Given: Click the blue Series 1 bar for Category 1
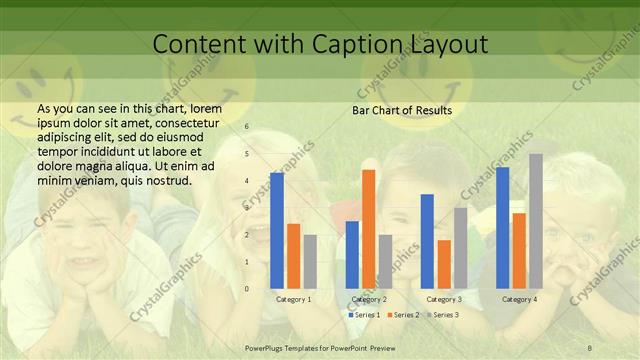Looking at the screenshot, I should click(277, 231).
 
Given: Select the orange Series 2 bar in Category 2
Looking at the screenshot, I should click(368, 229).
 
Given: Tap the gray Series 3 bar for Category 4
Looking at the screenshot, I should click(535, 221).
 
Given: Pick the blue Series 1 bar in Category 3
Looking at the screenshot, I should click(427, 241).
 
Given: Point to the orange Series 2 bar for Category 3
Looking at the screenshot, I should click(443, 264).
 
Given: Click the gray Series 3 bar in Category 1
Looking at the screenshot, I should click(310, 262).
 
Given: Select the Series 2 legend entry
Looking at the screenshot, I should click(402, 315).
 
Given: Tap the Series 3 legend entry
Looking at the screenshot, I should click(442, 315).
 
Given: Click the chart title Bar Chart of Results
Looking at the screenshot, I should click(401, 110).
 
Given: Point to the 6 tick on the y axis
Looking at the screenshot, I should click(247, 127).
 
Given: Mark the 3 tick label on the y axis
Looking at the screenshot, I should click(247, 208).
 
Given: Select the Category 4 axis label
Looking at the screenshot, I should click(519, 300).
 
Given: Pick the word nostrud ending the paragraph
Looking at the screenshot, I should click(167, 180).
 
